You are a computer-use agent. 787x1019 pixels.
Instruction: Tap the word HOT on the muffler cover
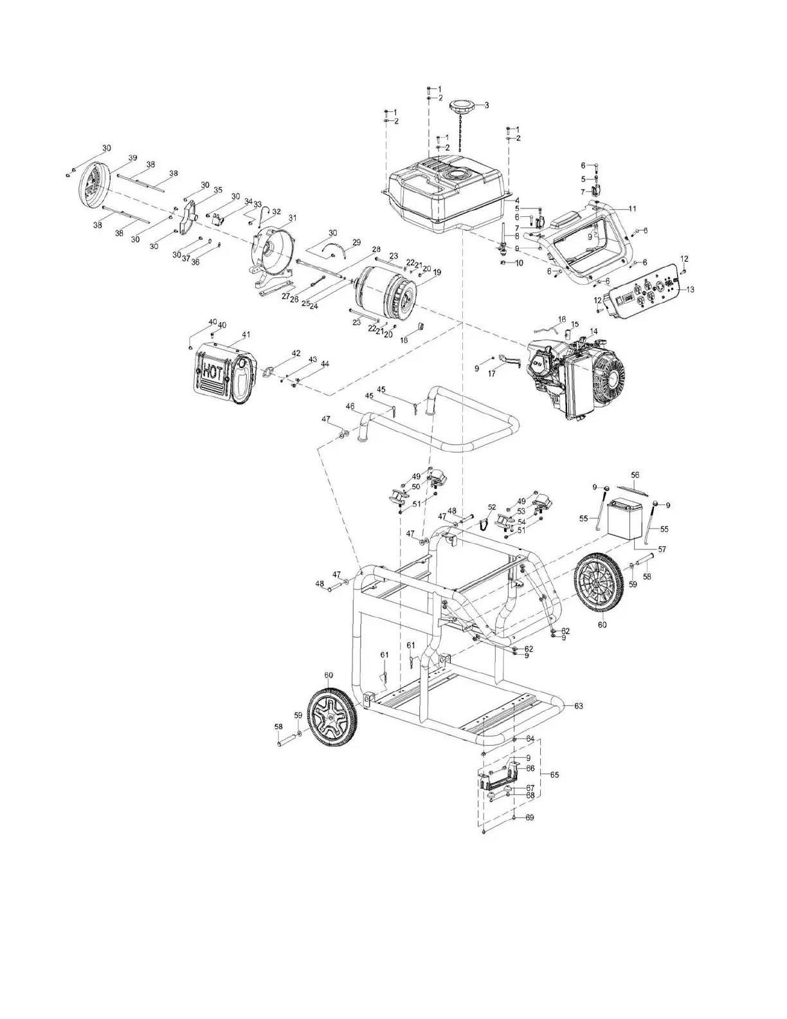click(213, 372)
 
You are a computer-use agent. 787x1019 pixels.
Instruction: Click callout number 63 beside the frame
click(578, 706)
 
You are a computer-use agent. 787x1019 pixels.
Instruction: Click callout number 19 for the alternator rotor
click(437, 273)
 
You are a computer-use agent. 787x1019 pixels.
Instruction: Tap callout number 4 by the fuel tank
click(516, 201)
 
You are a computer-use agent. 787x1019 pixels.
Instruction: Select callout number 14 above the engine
click(593, 331)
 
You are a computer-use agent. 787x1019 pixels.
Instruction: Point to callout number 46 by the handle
click(350, 406)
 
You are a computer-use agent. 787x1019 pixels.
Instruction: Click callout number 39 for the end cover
click(132, 158)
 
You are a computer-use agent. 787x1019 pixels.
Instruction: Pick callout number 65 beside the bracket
click(555, 775)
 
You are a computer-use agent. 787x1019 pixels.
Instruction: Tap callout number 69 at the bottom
click(530, 818)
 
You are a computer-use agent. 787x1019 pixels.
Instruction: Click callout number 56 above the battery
click(635, 475)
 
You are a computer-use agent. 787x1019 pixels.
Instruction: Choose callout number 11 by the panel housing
click(632, 209)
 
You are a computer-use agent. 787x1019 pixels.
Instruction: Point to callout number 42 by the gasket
click(296, 353)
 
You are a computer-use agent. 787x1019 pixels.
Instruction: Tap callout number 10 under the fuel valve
click(519, 263)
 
